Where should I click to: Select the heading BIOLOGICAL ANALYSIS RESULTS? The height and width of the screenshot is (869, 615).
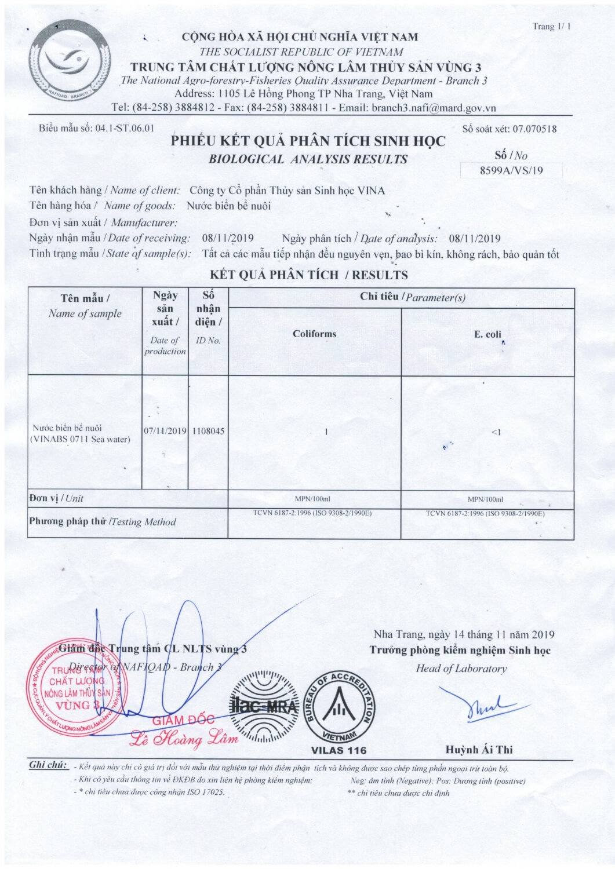point(308,159)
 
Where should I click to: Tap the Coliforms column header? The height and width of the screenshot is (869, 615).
point(314,334)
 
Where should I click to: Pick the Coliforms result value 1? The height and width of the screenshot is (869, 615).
point(326,431)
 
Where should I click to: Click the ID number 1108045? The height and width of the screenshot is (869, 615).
point(208,431)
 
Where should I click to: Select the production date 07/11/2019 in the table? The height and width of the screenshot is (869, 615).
point(165,431)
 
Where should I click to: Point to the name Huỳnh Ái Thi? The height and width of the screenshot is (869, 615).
point(479,750)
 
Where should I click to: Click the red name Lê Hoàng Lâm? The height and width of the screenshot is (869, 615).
point(184,739)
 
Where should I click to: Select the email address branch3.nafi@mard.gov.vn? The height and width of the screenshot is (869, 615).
point(434,108)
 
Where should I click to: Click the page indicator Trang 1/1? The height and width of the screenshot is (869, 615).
point(551,27)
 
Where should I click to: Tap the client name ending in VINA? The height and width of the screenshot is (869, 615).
point(288,191)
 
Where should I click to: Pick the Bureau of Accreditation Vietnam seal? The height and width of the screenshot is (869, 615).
point(339,708)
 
